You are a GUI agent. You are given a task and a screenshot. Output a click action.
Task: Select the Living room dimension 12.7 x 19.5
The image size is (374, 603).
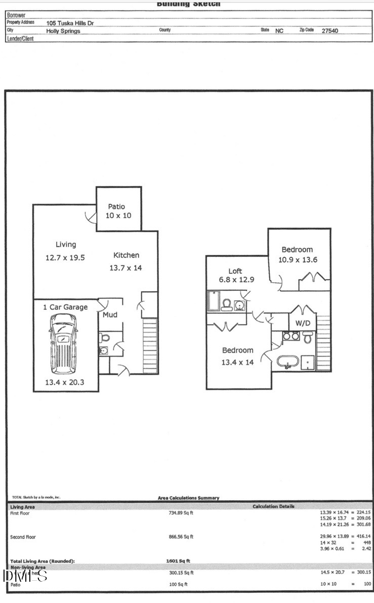[x=65, y=258]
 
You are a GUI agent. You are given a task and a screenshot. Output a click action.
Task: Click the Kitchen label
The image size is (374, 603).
[x=126, y=255]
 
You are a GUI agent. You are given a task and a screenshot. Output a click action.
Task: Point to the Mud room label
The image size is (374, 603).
[x=110, y=315]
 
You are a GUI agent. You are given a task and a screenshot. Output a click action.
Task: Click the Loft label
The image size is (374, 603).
[x=235, y=271]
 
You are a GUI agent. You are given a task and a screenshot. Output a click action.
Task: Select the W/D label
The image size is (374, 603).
[x=303, y=323]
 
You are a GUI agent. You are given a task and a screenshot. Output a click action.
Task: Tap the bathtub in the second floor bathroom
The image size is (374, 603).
[x=287, y=363]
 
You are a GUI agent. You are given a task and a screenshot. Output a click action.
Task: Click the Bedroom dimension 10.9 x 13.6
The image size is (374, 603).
[x=297, y=260]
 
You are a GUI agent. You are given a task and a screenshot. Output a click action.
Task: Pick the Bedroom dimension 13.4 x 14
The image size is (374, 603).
[x=237, y=362]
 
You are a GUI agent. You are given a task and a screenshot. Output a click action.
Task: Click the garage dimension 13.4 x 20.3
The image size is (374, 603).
[x=64, y=382]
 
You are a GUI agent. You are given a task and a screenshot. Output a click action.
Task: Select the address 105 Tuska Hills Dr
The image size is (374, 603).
[x=70, y=23]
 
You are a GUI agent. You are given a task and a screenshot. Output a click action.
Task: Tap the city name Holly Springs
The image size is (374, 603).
[x=63, y=31]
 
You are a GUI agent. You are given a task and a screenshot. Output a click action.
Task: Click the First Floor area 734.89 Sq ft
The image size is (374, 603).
[x=181, y=513]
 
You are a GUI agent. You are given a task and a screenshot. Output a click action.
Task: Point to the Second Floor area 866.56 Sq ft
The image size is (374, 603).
[x=181, y=537]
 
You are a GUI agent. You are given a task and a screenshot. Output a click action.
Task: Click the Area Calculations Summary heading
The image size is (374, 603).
[x=189, y=498]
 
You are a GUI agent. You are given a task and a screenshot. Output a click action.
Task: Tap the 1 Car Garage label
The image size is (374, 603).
[x=65, y=307]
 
